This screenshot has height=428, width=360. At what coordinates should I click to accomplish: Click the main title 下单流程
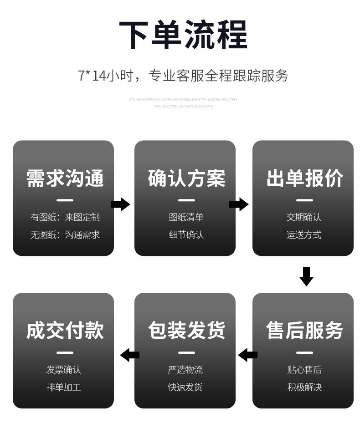(x=183, y=35)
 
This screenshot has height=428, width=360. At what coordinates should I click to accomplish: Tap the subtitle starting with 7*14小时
(x=183, y=75)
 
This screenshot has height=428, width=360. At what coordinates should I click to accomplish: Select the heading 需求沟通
(x=65, y=178)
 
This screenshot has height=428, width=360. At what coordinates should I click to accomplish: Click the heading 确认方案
(x=186, y=178)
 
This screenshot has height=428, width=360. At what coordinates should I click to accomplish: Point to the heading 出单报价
(x=304, y=178)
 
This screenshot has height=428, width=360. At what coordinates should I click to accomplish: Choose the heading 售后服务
(x=304, y=331)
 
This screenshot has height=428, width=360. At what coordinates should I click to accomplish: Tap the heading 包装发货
(x=186, y=331)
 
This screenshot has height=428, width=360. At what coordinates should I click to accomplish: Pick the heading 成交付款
(x=65, y=331)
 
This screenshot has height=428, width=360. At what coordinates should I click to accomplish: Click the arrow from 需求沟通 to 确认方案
(x=120, y=204)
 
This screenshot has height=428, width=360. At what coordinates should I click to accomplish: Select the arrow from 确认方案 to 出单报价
(x=239, y=204)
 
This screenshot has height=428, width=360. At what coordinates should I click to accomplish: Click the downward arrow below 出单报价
(x=306, y=276)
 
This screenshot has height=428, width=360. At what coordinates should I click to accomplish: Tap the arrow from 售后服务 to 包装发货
(x=248, y=355)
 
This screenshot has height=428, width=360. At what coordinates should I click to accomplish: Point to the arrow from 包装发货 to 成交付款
(x=130, y=355)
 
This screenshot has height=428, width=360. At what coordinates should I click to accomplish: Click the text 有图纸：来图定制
(x=65, y=217)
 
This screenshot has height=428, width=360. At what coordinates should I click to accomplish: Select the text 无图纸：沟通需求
(x=65, y=235)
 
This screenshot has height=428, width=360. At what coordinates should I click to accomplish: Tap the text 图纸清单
(x=186, y=217)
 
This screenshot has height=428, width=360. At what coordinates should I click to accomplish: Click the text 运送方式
(x=304, y=235)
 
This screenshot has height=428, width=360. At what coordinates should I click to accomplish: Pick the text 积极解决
(x=304, y=387)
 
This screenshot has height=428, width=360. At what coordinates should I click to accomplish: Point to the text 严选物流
(x=185, y=370)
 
